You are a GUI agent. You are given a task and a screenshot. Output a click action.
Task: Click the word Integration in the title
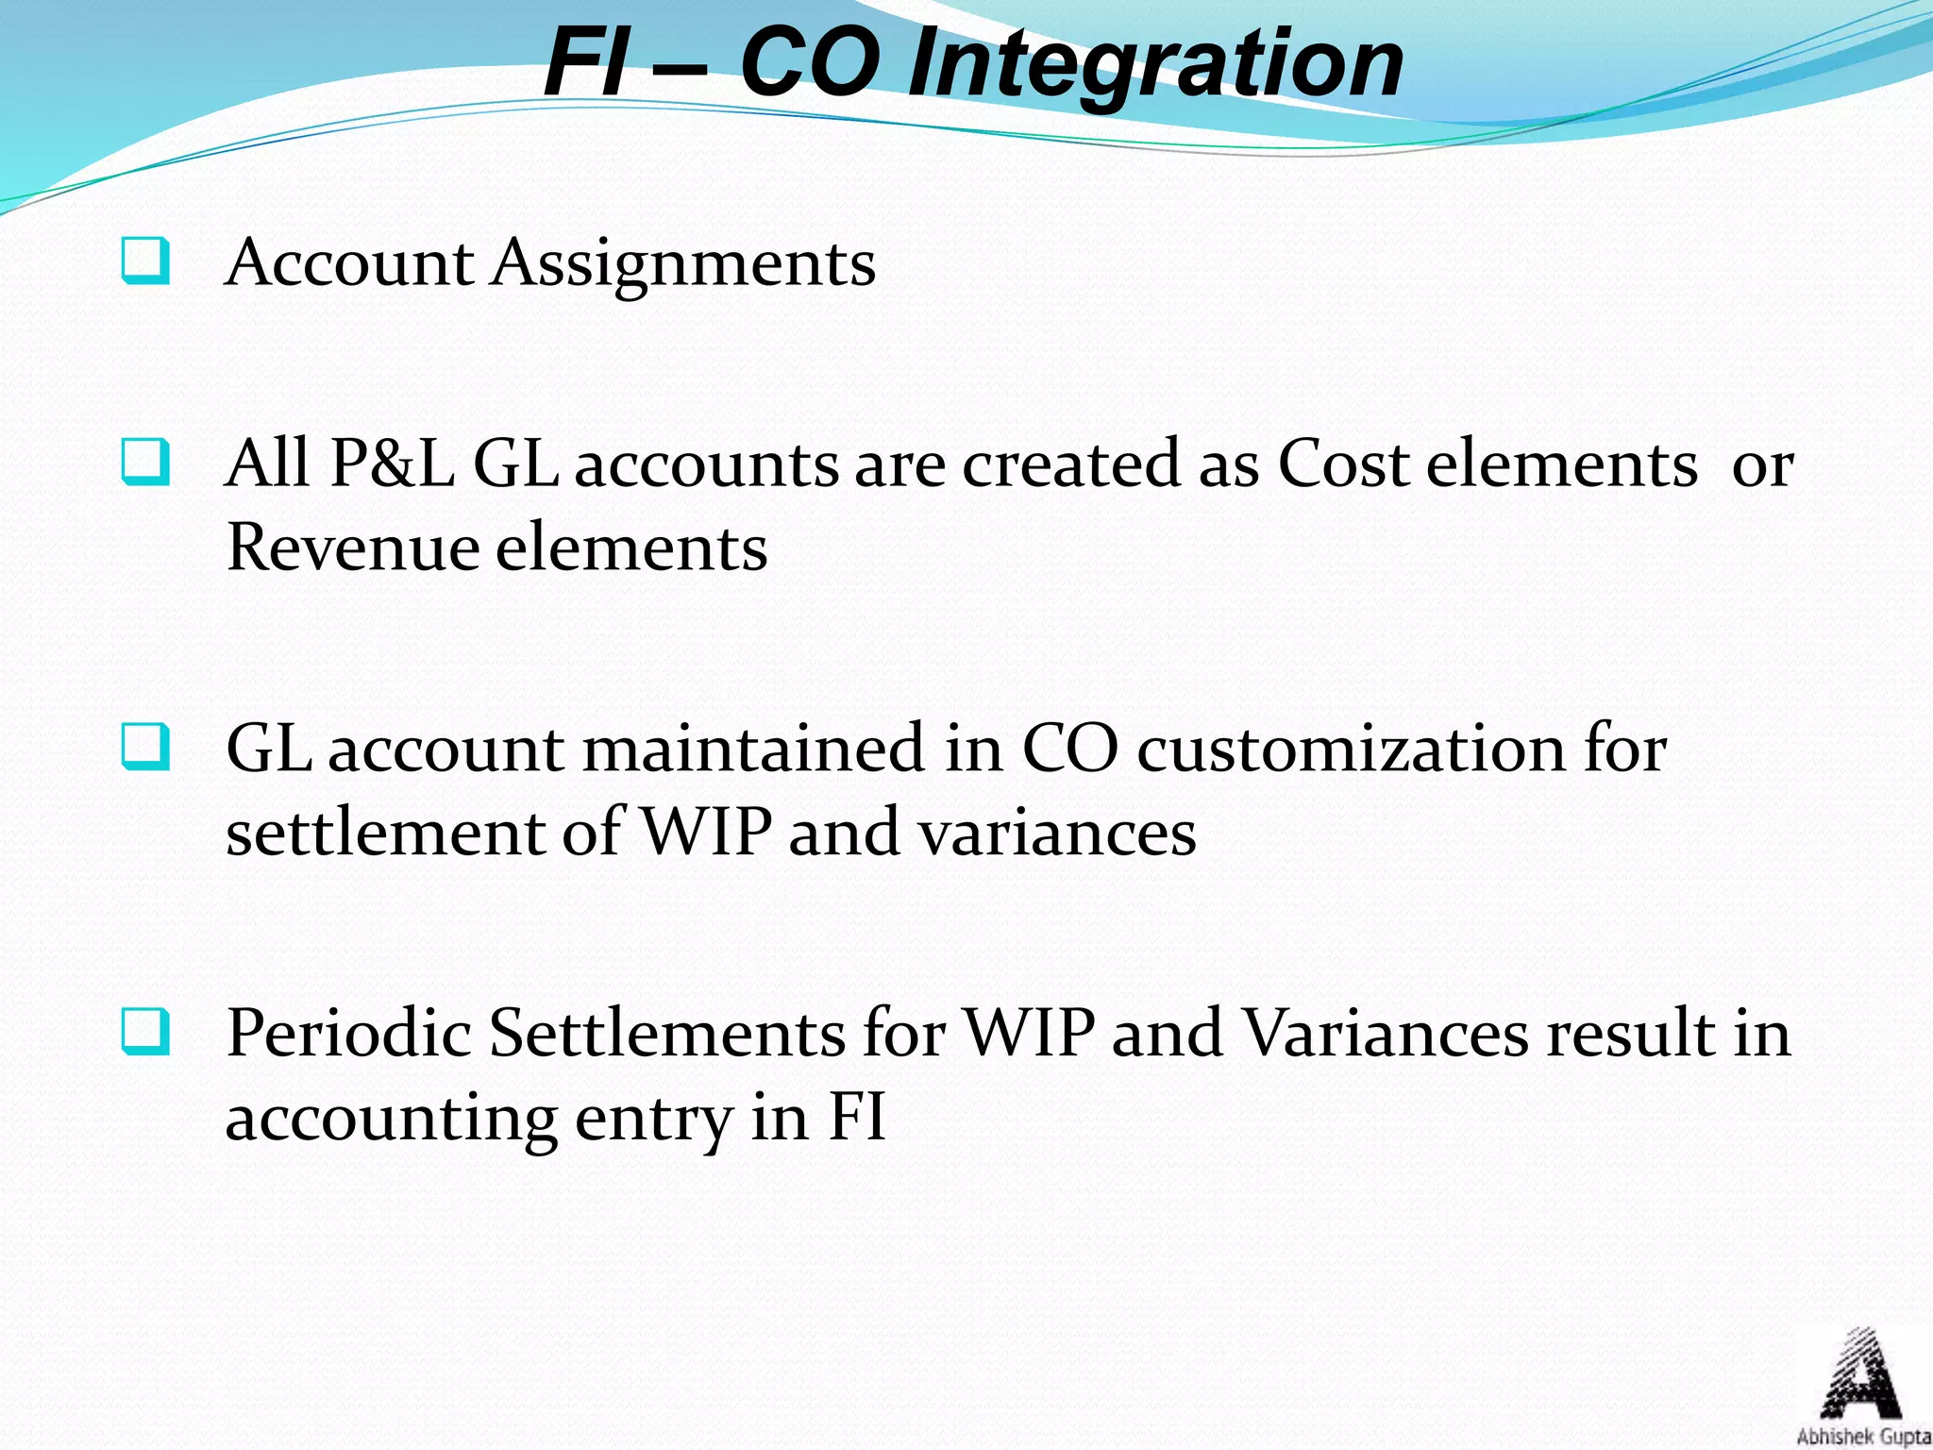(x=1155, y=64)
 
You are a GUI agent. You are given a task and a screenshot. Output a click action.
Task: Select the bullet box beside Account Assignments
(x=146, y=261)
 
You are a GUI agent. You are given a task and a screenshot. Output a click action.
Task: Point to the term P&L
(x=391, y=464)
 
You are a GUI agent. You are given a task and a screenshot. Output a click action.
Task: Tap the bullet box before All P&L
(x=146, y=464)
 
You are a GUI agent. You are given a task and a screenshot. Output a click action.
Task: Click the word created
(x=1070, y=464)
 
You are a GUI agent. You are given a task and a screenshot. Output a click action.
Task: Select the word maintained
(x=752, y=749)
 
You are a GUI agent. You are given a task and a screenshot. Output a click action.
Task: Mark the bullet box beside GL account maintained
(x=146, y=749)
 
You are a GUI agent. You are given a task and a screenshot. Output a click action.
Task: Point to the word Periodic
(x=348, y=1033)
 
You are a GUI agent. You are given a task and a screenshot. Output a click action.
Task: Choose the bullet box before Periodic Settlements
(x=146, y=1033)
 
